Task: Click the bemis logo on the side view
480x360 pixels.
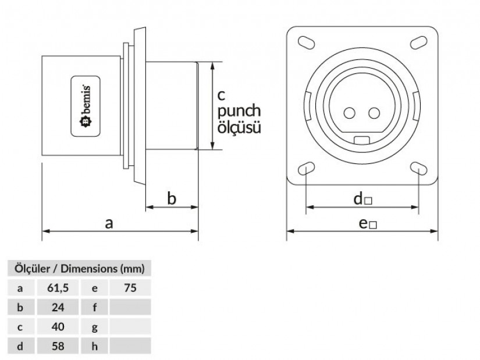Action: (x=83, y=106)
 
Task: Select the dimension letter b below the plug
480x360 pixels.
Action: (x=172, y=199)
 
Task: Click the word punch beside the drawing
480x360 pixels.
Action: (x=239, y=111)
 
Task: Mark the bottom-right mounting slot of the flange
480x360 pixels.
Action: (x=418, y=169)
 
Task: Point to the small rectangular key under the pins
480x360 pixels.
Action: (x=362, y=139)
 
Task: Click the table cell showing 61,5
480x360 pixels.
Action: (x=58, y=287)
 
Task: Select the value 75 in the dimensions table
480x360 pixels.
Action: (x=130, y=287)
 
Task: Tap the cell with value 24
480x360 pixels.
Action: (x=58, y=307)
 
